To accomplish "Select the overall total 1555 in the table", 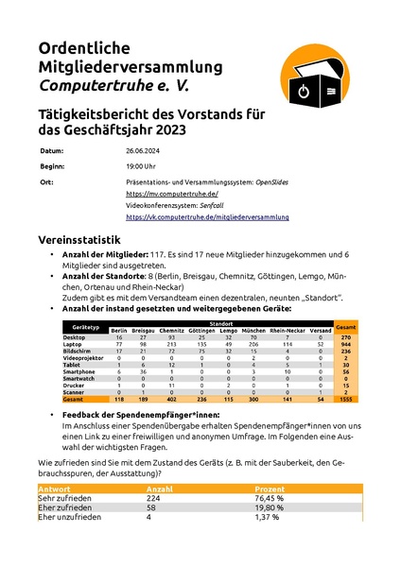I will (x=348, y=400).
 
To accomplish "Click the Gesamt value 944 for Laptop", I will (x=348, y=345).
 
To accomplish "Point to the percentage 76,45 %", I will (x=274, y=498).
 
